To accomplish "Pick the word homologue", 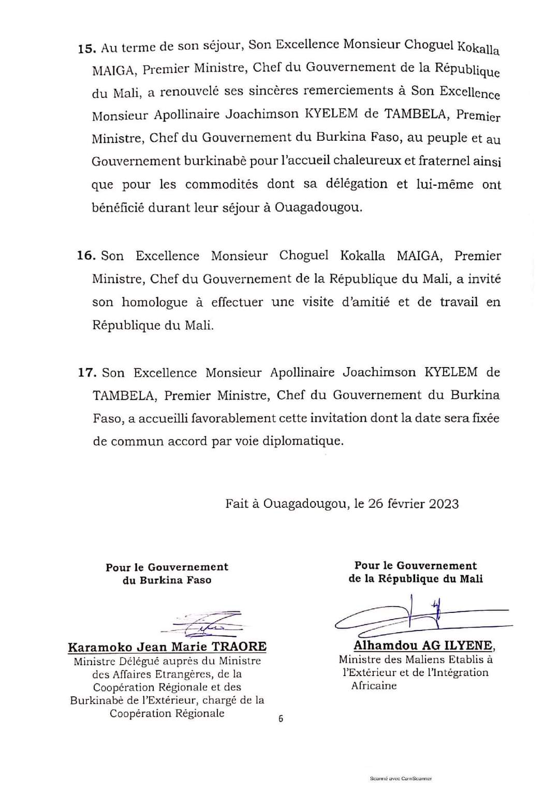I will click(154, 302).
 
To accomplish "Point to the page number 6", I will click(281, 719).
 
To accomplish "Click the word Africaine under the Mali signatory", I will click(374, 686).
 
